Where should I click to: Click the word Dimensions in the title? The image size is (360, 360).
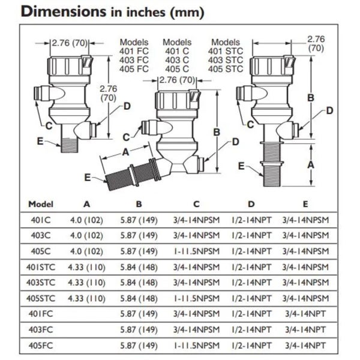(64, 11)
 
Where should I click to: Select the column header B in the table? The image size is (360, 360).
(139, 204)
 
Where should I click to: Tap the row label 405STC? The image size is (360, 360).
(41, 298)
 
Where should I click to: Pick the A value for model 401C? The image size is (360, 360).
(86, 220)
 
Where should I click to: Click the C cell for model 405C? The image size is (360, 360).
(197, 251)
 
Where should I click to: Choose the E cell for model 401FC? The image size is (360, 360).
(305, 314)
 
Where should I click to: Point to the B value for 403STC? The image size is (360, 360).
(139, 283)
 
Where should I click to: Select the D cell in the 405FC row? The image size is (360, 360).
(251, 346)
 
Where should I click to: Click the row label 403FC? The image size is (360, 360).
(41, 329)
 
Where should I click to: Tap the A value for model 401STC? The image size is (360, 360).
(86, 267)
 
